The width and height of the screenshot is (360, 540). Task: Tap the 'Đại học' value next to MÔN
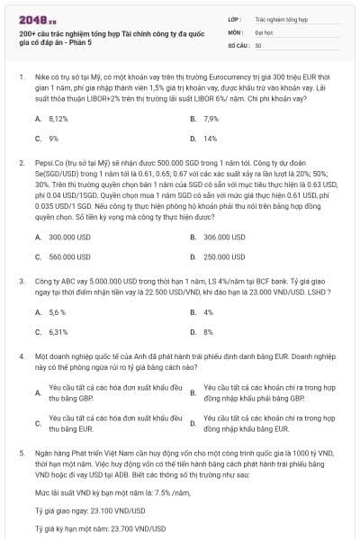(x=265, y=31)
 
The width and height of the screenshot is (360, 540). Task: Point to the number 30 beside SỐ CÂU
(x=258, y=44)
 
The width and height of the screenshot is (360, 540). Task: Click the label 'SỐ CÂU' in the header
(x=238, y=44)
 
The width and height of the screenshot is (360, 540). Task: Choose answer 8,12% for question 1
(x=58, y=119)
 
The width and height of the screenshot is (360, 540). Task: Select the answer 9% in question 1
(x=54, y=139)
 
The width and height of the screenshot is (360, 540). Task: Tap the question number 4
(x=21, y=356)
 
